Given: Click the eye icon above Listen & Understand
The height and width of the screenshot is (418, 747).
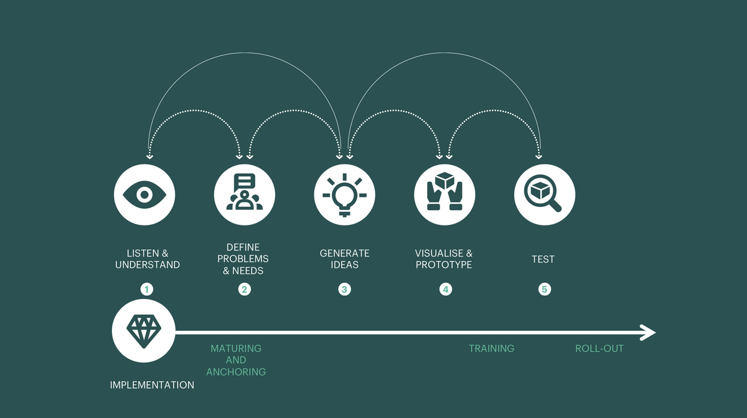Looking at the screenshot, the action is (x=144, y=195).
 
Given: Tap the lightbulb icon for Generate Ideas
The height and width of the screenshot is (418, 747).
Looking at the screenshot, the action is (x=344, y=195).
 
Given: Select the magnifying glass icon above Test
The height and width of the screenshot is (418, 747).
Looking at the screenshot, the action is (x=543, y=194).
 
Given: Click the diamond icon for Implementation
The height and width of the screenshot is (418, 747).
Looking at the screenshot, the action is (x=144, y=331).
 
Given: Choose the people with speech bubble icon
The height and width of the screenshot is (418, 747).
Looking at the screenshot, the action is (x=245, y=191).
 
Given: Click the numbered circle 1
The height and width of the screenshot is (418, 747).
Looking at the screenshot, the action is (x=147, y=289).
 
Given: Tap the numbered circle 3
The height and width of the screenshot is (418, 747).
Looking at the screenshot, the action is (x=344, y=289).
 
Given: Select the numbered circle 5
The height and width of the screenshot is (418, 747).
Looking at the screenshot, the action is (x=545, y=289).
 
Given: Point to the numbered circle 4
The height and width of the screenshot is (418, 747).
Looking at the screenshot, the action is (x=446, y=289).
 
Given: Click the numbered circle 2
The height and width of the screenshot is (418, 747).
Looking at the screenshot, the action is (x=245, y=289).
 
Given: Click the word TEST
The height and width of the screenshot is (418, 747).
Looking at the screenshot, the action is (x=543, y=259).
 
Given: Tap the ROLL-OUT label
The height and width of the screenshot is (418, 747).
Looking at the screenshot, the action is (x=599, y=349).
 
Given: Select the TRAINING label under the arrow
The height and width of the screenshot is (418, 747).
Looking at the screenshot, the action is (x=492, y=349).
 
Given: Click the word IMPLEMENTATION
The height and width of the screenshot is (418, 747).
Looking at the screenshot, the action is (x=152, y=385).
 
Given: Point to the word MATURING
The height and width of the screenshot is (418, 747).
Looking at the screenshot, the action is (x=236, y=349).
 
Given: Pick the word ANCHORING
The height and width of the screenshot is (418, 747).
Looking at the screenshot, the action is (x=236, y=372).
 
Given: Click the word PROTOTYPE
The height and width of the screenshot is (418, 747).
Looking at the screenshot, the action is (x=444, y=265).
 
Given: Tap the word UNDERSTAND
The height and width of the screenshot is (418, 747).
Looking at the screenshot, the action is (x=148, y=265).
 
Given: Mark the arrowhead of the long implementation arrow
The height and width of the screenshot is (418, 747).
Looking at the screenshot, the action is (x=649, y=333).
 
